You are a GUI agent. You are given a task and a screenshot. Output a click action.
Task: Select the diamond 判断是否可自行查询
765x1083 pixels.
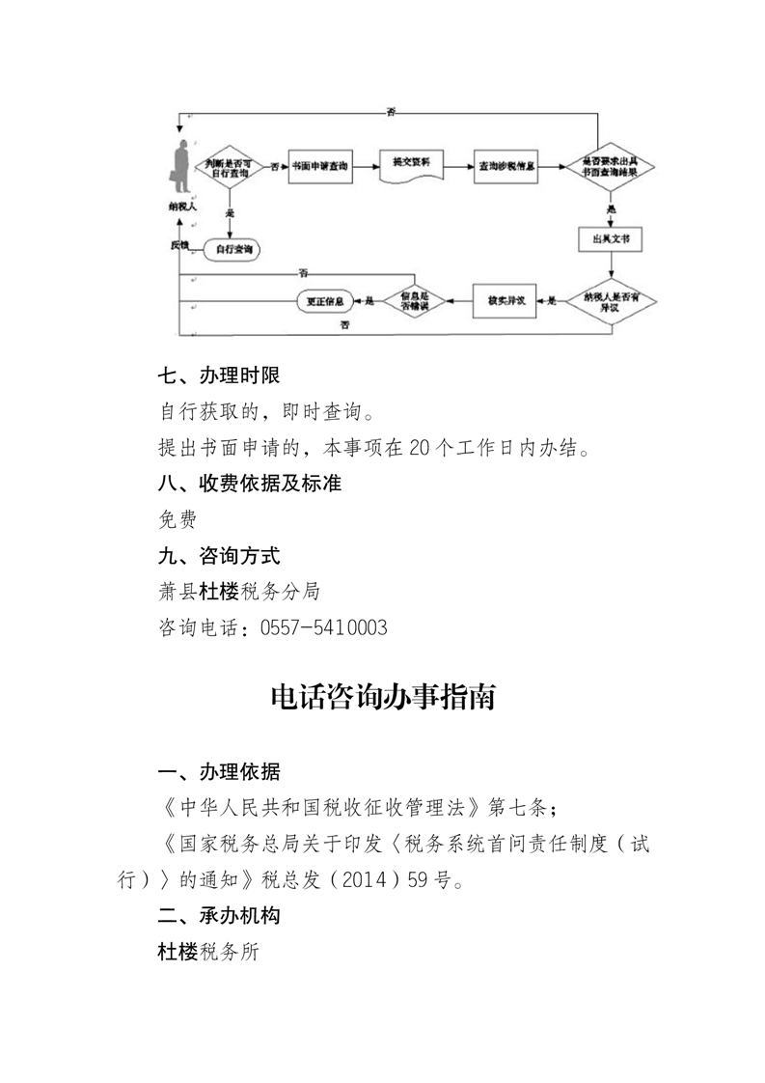[x=230, y=168]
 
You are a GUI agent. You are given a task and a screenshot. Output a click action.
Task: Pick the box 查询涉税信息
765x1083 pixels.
[x=507, y=167]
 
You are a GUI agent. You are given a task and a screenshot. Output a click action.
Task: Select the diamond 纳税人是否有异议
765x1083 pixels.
[x=611, y=301]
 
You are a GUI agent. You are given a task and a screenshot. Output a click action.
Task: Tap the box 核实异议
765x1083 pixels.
[x=506, y=302]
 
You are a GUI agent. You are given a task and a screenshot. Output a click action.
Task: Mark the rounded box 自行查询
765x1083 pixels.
[x=233, y=250]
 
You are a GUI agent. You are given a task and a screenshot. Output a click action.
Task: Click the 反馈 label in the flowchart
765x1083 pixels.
[x=179, y=245]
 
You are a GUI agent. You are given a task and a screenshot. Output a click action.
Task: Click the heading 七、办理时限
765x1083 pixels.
[x=218, y=376]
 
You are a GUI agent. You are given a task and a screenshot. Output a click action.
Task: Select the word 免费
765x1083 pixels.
[x=178, y=520]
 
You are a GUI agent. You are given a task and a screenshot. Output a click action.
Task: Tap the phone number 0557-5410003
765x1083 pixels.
[x=326, y=628]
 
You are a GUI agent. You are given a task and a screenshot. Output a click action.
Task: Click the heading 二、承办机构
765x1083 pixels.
[x=218, y=914]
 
